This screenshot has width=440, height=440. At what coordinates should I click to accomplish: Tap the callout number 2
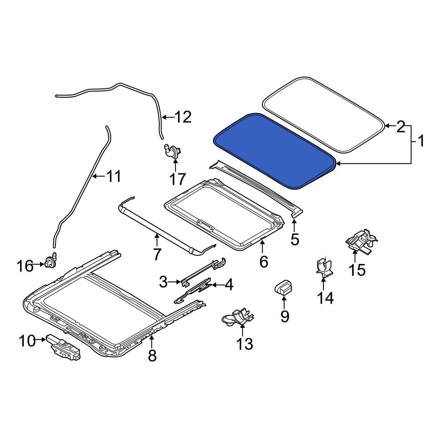400,127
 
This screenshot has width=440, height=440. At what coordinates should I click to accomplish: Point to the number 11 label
113,177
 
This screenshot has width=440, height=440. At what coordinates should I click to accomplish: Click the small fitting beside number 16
50,262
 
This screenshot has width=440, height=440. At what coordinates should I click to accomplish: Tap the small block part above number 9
284,287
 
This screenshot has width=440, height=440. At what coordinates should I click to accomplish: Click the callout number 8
152,355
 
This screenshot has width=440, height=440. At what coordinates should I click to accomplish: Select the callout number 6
263,261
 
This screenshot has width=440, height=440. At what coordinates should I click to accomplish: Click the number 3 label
163,281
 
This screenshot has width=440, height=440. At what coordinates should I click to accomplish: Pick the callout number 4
228,285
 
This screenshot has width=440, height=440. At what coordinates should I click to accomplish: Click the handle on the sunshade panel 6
206,225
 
